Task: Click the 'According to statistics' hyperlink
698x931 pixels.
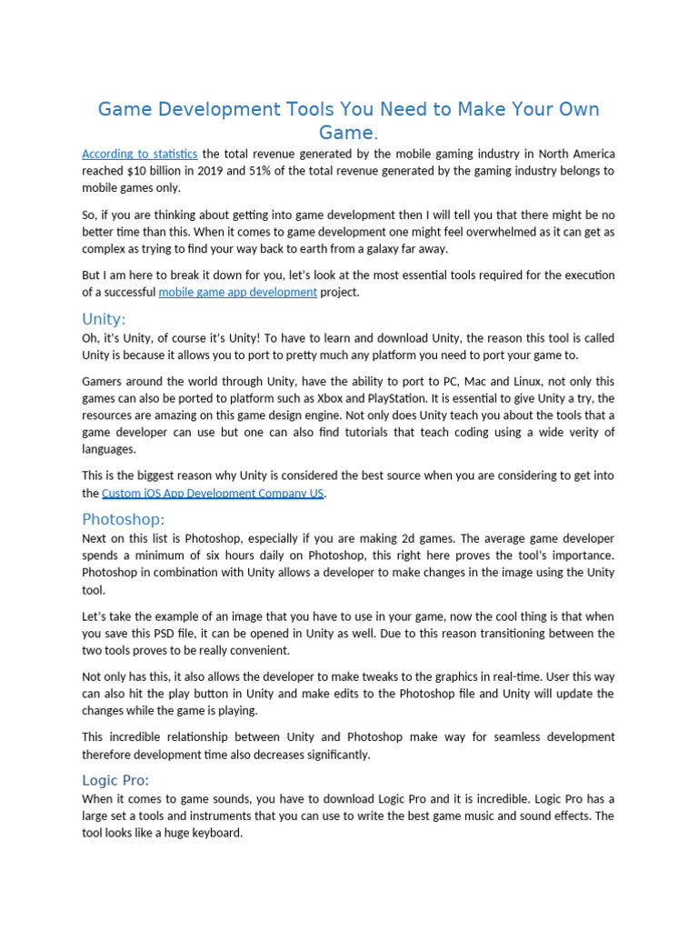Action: click(x=139, y=154)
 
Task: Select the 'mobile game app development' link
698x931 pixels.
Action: click(x=237, y=292)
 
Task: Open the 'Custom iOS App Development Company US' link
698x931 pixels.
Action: click(x=213, y=493)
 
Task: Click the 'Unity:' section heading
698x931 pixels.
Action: click(x=104, y=319)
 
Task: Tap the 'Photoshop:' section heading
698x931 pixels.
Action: click(x=124, y=519)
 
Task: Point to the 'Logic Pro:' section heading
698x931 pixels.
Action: click(x=115, y=780)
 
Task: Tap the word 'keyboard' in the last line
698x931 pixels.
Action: click(x=216, y=833)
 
